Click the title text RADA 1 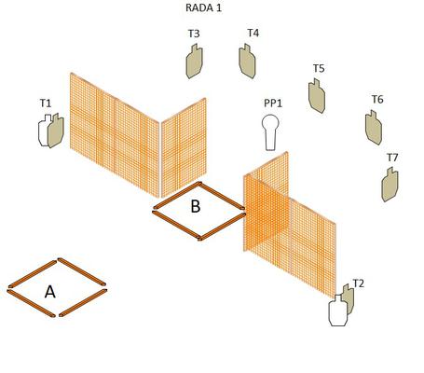(203, 7)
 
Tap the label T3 (194, 34)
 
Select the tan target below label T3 (195, 62)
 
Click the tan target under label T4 (247, 61)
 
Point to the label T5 (319, 68)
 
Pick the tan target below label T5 (317, 96)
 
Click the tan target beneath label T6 (374, 128)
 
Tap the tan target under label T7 (390, 185)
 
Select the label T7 (392, 158)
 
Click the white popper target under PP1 (270, 132)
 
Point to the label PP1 (273, 104)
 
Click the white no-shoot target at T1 (44, 131)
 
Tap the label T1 (46, 103)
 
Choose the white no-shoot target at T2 (338, 311)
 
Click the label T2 (359, 283)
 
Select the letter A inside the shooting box (50, 292)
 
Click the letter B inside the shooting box (196, 206)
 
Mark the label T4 (253, 33)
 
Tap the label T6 (377, 100)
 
